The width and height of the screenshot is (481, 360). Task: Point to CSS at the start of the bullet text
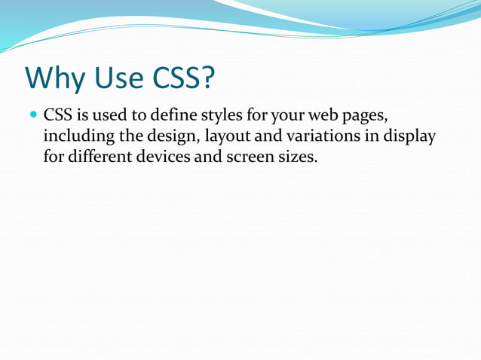[x=57, y=117]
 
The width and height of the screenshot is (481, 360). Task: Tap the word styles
[x=222, y=117]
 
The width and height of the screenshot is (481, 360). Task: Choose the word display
[x=410, y=139]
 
